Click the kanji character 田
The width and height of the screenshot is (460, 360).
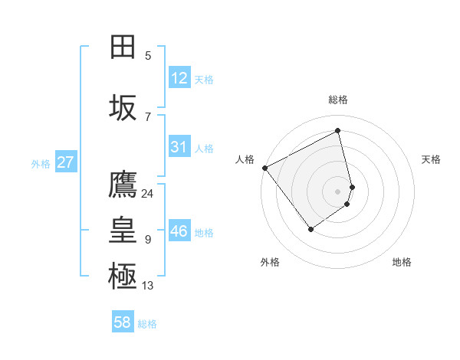[x=123, y=47]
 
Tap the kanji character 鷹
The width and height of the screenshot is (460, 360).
[x=123, y=185]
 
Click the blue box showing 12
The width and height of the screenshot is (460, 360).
[x=179, y=78]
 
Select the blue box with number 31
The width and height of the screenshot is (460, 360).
[x=179, y=148]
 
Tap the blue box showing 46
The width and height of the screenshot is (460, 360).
[x=179, y=231]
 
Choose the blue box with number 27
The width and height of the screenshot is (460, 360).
[x=65, y=162]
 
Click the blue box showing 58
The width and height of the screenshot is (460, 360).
[x=123, y=322]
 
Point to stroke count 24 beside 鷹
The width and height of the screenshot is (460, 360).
[x=147, y=194]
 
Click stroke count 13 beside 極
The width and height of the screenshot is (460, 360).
[x=148, y=286]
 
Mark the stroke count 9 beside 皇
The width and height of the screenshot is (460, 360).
[x=148, y=240]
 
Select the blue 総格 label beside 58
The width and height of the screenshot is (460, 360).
[x=147, y=324]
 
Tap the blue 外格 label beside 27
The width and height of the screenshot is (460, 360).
[x=41, y=163]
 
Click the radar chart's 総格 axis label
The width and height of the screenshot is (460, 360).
[x=338, y=100]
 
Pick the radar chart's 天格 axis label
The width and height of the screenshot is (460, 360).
[x=432, y=159]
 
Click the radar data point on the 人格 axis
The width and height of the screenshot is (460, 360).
[x=264, y=168]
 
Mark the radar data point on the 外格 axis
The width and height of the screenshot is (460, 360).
[x=310, y=228]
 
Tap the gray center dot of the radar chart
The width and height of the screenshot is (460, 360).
[x=338, y=191]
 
